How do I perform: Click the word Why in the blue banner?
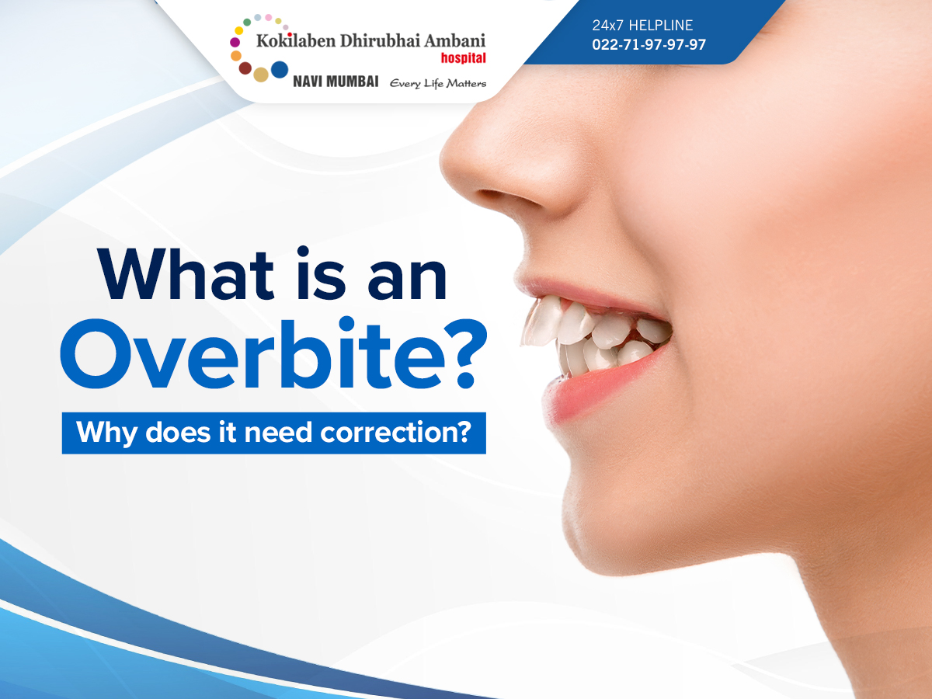pyautogui.click(x=106, y=433)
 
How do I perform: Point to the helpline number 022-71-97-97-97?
pyautogui.click(x=649, y=44)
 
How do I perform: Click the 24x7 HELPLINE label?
pyautogui.click(x=642, y=26)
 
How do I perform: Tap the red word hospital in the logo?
pyautogui.click(x=463, y=58)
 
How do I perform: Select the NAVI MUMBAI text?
pyautogui.click(x=336, y=82)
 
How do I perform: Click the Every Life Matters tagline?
pyautogui.click(x=438, y=84)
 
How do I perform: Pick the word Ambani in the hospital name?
pyautogui.click(x=455, y=40)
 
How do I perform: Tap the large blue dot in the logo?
pyautogui.click(x=280, y=70)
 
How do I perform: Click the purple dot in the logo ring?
pyautogui.click(x=235, y=42)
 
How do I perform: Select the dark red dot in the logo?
pyautogui.click(x=245, y=68)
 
